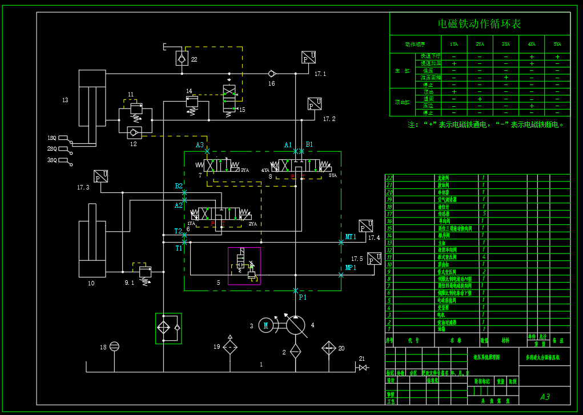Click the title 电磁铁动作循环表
click(x=479, y=24)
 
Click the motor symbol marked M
click(x=266, y=325)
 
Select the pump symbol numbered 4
click(x=295, y=325)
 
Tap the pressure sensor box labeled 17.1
click(x=309, y=58)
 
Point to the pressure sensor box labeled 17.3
click(x=101, y=176)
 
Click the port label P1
click(x=303, y=297)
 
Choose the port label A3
click(x=199, y=145)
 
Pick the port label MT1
click(x=351, y=236)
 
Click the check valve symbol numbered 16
click(x=272, y=74)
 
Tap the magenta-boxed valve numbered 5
click(x=244, y=265)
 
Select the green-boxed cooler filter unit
click(x=168, y=328)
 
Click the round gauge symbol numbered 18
click(x=114, y=346)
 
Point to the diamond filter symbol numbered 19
click(x=230, y=346)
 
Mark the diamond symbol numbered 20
click(x=328, y=347)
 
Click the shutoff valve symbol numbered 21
click(x=362, y=368)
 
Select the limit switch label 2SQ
click(x=52, y=149)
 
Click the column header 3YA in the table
click(x=505, y=44)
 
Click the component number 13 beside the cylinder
click(x=65, y=100)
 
